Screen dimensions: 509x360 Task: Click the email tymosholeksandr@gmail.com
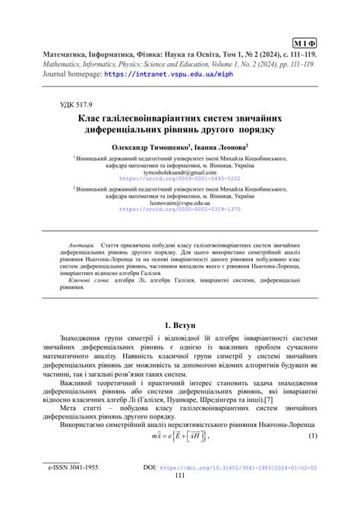[179, 172]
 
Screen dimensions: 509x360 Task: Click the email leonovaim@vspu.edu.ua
[179, 203]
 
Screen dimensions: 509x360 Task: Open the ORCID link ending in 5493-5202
[179, 179]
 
